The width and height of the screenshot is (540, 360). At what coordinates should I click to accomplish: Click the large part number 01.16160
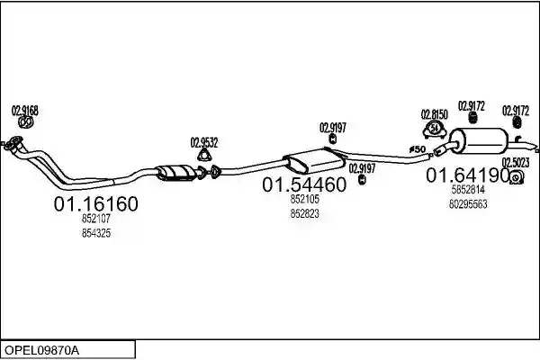(x=95, y=203)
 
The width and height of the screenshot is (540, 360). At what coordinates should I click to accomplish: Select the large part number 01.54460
(x=304, y=184)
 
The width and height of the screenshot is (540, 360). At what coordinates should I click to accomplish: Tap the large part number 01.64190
(x=468, y=175)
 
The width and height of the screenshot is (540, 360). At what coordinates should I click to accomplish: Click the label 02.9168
(x=25, y=111)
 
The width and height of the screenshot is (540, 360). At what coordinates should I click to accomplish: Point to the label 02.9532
(x=204, y=142)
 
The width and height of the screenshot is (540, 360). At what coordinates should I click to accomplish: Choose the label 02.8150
(x=435, y=114)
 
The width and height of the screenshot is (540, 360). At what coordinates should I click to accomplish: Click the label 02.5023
(x=515, y=162)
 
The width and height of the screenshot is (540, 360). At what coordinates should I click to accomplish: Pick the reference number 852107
(x=96, y=219)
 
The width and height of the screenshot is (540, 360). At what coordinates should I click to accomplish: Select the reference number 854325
(x=96, y=233)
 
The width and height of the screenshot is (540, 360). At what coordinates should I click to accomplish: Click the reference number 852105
(x=304, y=199)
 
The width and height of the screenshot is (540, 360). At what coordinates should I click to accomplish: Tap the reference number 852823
(x=304, y=213)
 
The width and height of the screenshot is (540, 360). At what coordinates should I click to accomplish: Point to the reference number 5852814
(x=468, y=189)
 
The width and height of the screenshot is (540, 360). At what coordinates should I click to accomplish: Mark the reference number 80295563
(x=468, y=204)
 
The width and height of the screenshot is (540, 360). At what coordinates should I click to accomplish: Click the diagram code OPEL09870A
(x=41, y=350)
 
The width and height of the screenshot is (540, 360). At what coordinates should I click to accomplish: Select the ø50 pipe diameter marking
(x=418, y=149)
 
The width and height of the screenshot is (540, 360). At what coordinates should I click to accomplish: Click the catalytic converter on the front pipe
(x=175, y=172)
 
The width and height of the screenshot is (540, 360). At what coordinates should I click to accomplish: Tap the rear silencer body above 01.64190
(x=481, y=141)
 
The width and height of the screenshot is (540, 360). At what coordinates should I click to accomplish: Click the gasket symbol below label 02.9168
(x=25, y=122)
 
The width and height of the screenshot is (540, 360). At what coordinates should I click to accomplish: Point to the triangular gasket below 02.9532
(x=204, y=156)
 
